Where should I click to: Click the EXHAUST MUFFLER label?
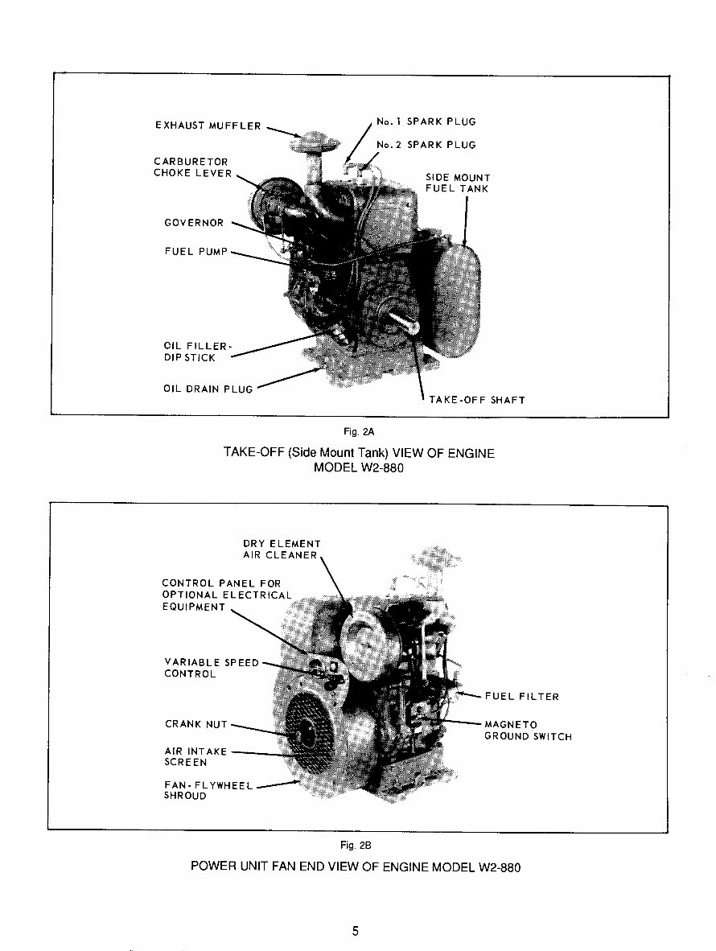point(208,126)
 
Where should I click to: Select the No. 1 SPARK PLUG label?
point(426,121)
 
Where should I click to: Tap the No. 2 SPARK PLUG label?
point(426,145)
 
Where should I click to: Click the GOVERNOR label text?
point(193,223)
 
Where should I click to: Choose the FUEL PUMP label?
point(195,252)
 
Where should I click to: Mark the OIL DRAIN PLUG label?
point(208,389)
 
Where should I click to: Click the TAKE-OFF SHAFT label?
point(477,400)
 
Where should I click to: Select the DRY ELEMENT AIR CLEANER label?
point(281,550)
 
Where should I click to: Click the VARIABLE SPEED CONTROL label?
point(211,668)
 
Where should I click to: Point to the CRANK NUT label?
point(195,724)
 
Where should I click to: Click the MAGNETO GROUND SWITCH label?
point(527,731)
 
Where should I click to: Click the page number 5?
point(355,932)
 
